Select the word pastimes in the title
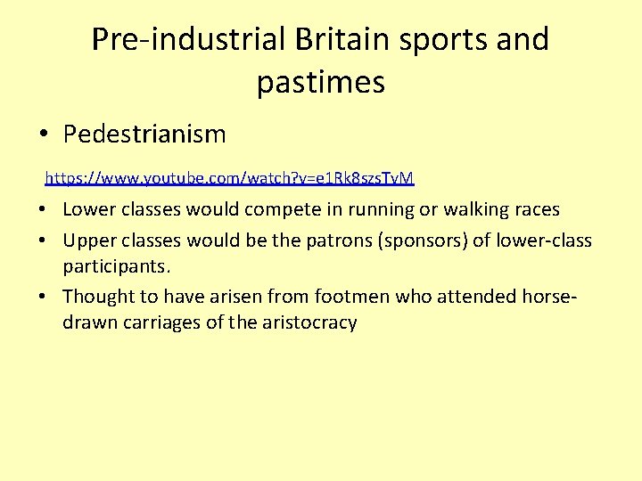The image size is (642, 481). tap(321, 82)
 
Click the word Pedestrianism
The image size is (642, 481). tap(144, 135)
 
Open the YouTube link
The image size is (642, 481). tap(229, 178)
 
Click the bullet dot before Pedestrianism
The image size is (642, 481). tap(44, 135)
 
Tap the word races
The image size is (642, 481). tap(536, 210)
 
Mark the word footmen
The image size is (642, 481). tap(357, 296)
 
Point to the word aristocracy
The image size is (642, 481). tap(308, 322)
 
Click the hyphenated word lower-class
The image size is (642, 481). tap(544, 240)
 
